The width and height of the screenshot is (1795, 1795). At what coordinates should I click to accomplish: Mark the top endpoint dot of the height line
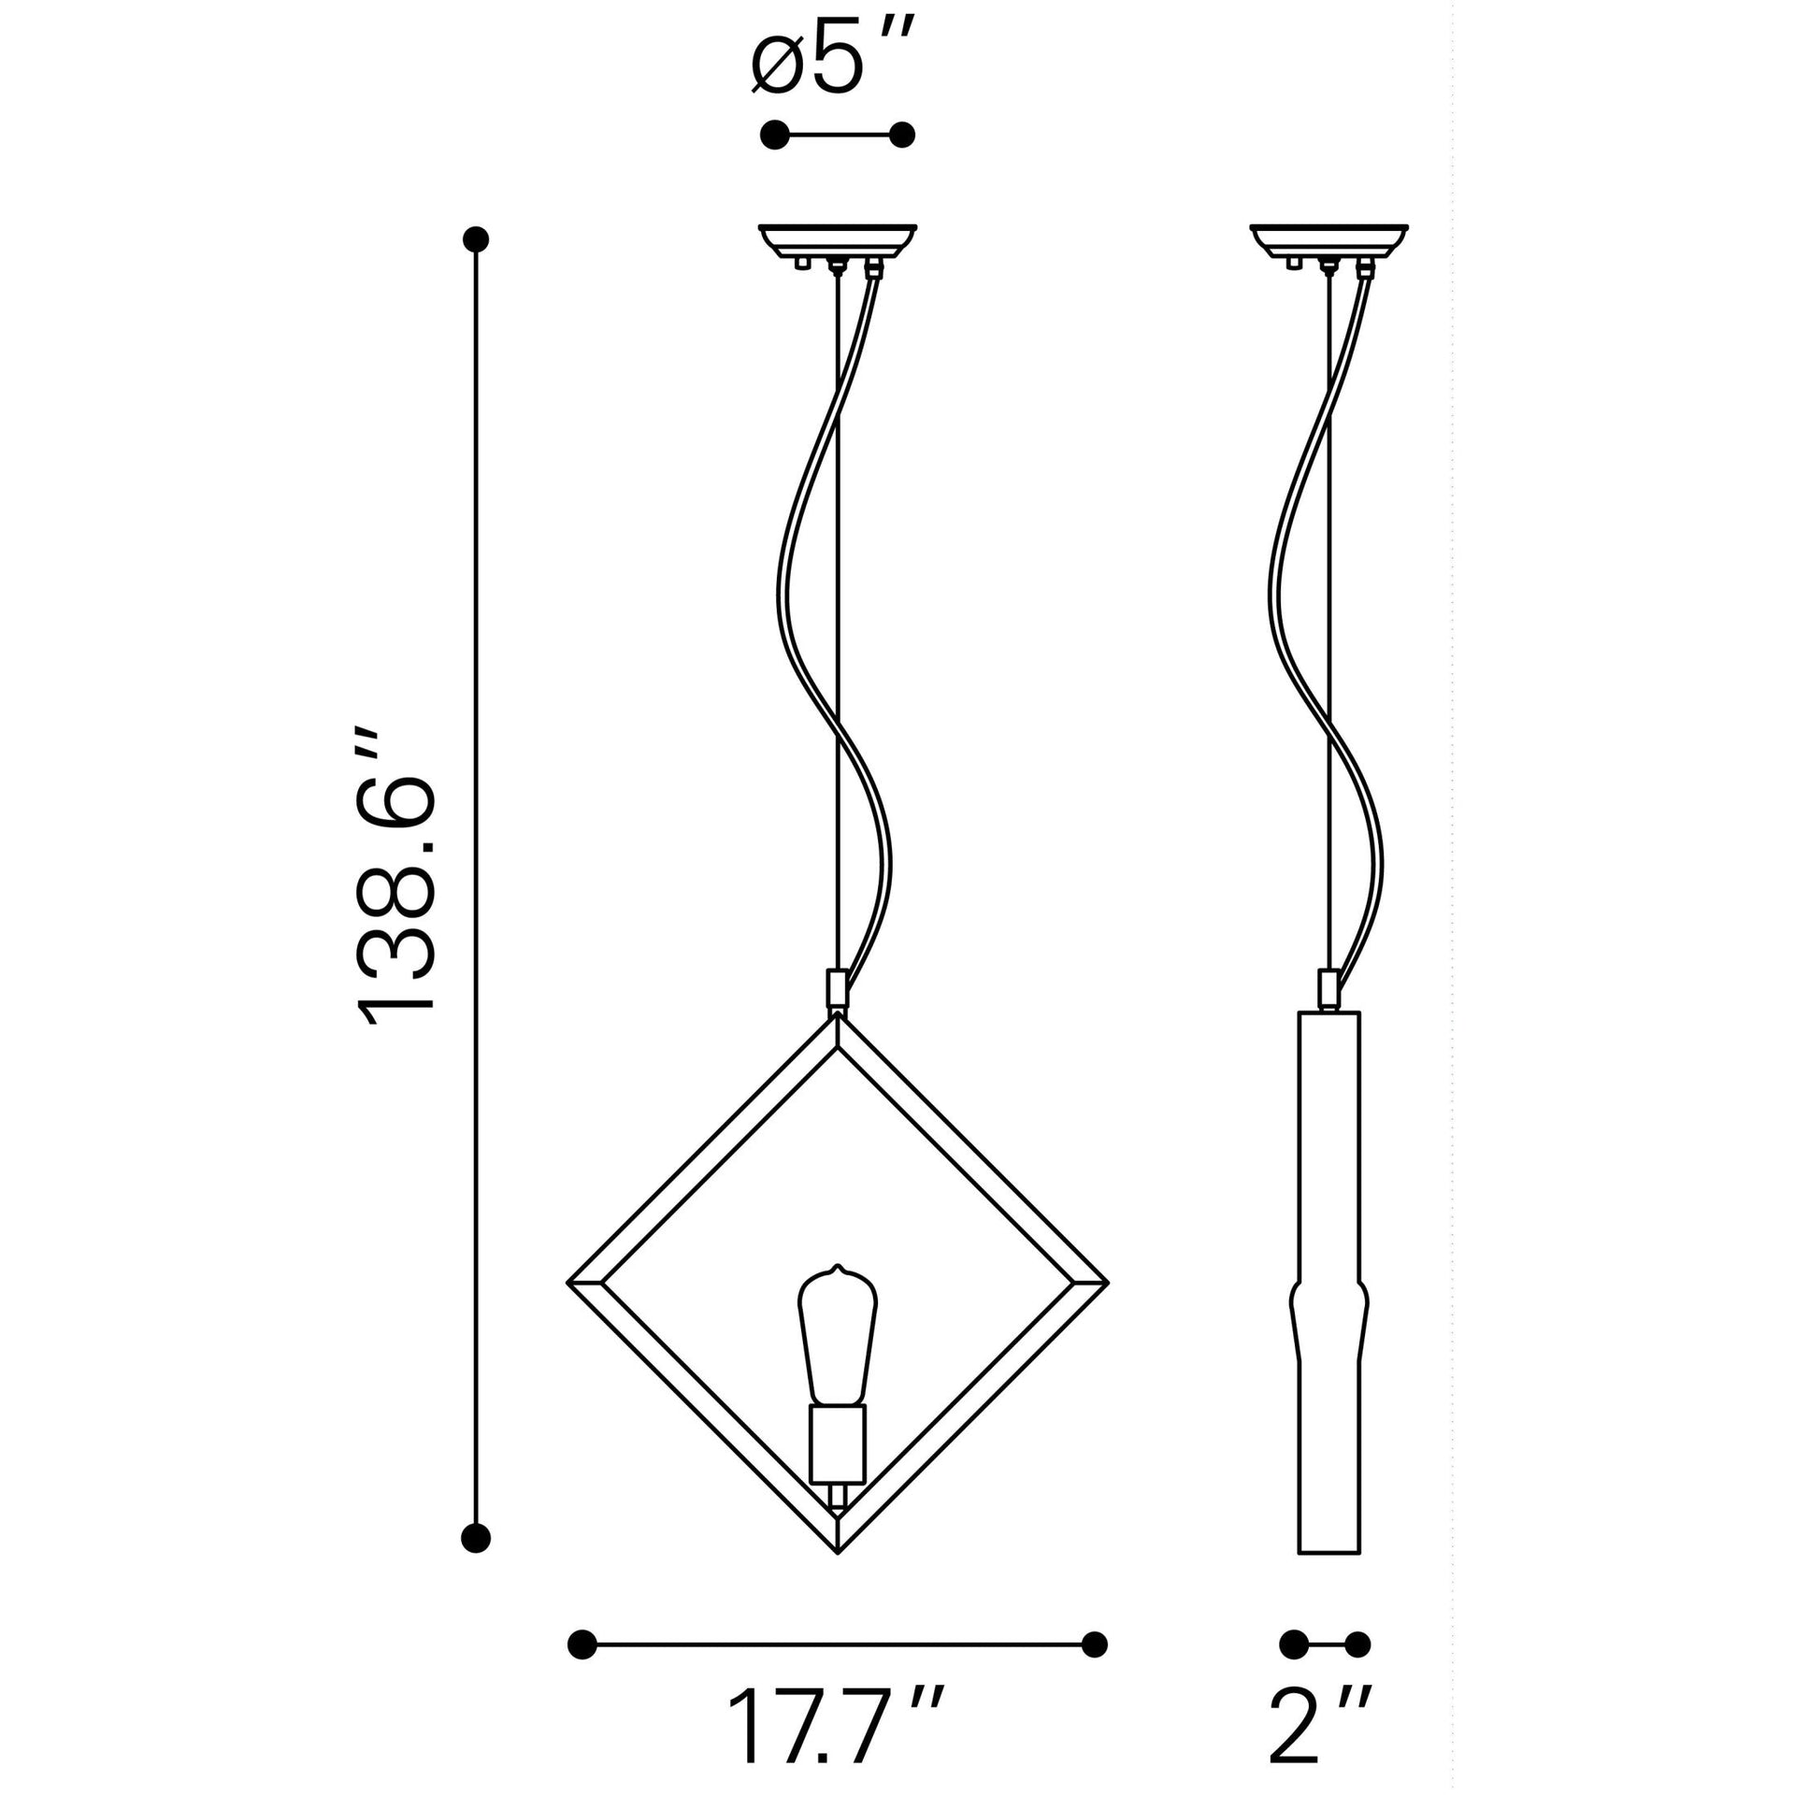point(477,240)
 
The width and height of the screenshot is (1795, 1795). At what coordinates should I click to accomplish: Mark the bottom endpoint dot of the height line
point(477,1536)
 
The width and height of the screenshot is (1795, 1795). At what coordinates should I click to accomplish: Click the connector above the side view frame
point(1328,987)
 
